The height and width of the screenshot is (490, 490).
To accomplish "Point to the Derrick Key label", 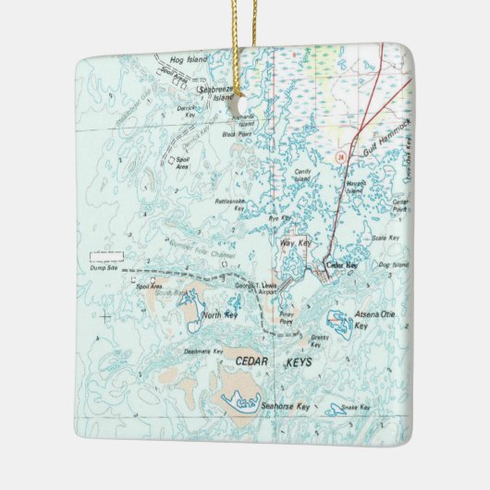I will [188, 109].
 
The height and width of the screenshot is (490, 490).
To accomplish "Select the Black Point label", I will [237, 134].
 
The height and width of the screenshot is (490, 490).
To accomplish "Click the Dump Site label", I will [104, 268].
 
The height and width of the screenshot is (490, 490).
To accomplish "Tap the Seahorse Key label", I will [285, 406].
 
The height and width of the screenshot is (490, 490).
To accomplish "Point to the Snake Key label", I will [356, 408].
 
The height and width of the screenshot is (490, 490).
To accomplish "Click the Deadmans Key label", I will [203, 351].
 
